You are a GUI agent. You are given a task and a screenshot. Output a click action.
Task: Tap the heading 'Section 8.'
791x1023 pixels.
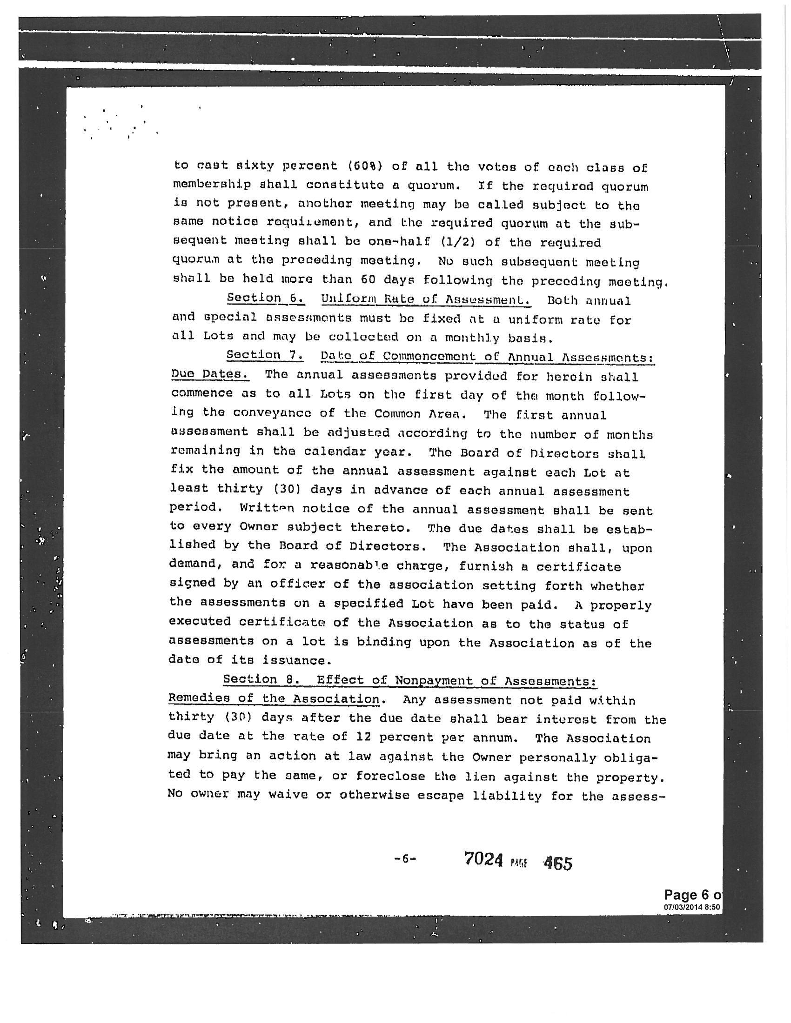pyautogui.click(x=262, y=679)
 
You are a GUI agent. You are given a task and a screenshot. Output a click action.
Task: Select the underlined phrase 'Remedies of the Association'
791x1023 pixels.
pyautogui.click(x=274, y=698)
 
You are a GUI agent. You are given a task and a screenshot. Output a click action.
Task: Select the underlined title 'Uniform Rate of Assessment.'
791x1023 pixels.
pyautogui.click(x=425, y=299)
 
